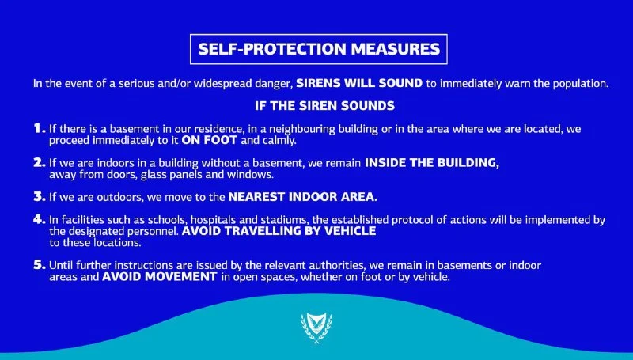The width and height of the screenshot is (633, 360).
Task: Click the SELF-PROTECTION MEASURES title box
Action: pos(319,49)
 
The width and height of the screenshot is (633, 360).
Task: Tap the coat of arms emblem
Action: pos(316,328)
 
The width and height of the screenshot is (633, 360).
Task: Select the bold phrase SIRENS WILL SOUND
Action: pos(359,84)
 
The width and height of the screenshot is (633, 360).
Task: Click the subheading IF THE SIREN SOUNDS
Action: pos(324,106)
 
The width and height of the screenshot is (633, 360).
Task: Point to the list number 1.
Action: pos(39,128)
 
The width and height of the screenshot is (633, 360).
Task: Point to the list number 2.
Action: pos(39,162)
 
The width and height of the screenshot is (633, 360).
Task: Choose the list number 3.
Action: pos(39,196)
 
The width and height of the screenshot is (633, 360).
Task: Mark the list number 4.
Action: pos(39,219)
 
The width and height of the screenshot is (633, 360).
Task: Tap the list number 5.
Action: pos(39,265)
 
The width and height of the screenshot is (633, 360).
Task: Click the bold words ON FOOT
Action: pos(209,140)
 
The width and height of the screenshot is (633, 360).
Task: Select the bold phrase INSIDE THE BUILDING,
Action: pos(432,163)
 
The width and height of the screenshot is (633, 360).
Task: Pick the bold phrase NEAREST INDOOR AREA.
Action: pos(302,196)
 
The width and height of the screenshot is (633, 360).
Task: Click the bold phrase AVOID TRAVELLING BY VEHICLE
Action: pos(279,231)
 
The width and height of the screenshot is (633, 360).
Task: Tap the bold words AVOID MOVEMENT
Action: pos(160,276)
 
